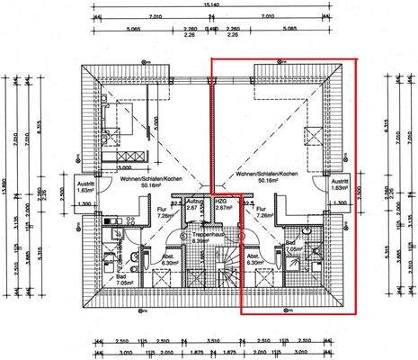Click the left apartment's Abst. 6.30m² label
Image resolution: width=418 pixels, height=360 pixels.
(167, 262)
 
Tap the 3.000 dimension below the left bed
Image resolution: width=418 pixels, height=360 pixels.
(123, 167)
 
